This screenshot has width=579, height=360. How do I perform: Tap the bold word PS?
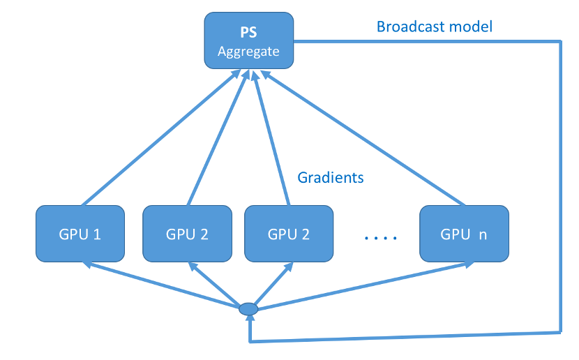tap(248, 33)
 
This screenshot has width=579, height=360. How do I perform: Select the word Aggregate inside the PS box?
tap(248, 52)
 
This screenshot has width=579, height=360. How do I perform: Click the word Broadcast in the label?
tap(407, 27)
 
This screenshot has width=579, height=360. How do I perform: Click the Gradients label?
tap(331, 177)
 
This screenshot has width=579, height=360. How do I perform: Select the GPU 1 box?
tap(80, 234)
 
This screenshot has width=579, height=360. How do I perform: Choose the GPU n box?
tap(463, 234)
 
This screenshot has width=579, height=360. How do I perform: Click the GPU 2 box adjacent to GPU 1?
tap(187, 234)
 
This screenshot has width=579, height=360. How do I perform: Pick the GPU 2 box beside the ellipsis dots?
tap(288, 234)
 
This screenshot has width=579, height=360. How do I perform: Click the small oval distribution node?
tap(248, 308)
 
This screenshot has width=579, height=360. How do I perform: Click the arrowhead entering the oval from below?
tap(249, 320)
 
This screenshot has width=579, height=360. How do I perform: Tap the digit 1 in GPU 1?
tap(97, 234)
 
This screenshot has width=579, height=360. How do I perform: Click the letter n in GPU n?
tap(481, 234)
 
